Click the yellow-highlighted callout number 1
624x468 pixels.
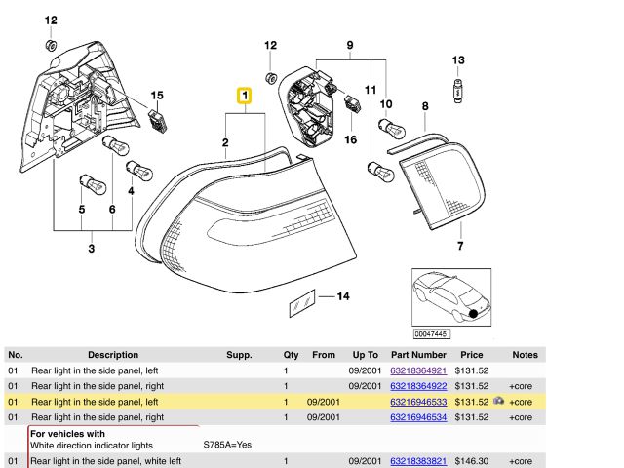coord(245,96)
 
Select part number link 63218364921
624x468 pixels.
coord(417,370)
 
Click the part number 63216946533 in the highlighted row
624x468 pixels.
coord(417,402)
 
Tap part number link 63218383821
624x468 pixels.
coord(417,460)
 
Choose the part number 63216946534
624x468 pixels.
coord(417,417)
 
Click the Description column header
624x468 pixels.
coord(113,356)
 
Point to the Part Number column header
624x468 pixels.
coord(417,356)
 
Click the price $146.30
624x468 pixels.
coord(471,460)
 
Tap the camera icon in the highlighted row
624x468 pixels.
coord(498,401)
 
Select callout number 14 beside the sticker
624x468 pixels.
coord(341,295)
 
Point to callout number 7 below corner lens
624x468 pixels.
coord(460,246)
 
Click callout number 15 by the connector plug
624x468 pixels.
coord(156,96)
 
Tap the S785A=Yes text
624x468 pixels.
coord(227,445)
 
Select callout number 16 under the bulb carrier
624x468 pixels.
coord(351,139)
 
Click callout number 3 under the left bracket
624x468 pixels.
coord(92,250)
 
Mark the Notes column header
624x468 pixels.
coord(525,356)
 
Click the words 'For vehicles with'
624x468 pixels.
coord(66,433)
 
